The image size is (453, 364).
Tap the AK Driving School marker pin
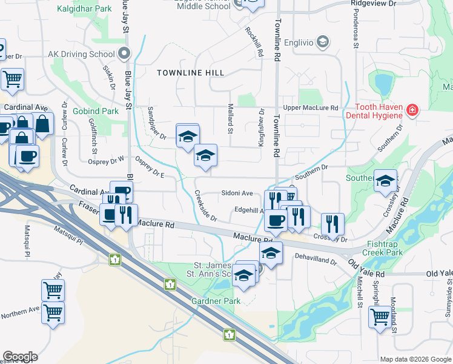coord(124,53)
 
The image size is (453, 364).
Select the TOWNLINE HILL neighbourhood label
coord(190,73)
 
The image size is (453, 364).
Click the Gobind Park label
coord(95,112)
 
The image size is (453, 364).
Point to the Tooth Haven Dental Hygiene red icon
coord(412,110)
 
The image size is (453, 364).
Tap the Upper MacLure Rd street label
coord(310,108)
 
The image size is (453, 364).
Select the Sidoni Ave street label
coord(237,193)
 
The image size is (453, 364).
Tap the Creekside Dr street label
coord(205,207)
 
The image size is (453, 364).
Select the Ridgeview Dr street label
coord(373,4)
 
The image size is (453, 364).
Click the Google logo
coord(20,357)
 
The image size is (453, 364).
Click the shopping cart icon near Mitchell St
coord(380,316)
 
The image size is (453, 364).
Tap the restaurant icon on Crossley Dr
coord(332,223)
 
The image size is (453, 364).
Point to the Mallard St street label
coord(230,118)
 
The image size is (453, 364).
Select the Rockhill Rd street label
coord(254,42)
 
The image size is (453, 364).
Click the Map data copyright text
coord(415,359)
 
